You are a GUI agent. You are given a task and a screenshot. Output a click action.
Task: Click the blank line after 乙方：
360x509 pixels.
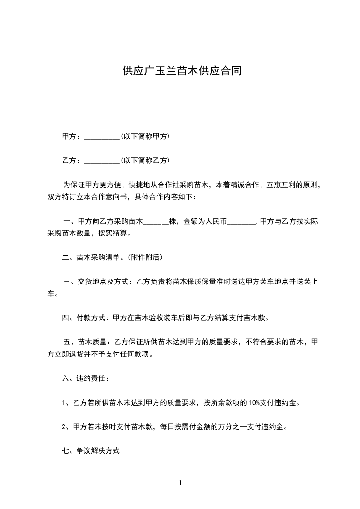tap(102, 161)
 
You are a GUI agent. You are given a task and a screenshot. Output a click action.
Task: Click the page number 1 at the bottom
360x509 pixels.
tap(180, 483)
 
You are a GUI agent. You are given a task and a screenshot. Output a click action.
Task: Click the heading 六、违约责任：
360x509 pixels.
tap(85, 378)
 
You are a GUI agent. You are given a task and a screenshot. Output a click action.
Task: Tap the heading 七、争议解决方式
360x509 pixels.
tap(91, 451)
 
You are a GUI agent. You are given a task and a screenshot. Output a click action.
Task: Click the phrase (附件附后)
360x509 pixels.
tap(144, 257)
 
